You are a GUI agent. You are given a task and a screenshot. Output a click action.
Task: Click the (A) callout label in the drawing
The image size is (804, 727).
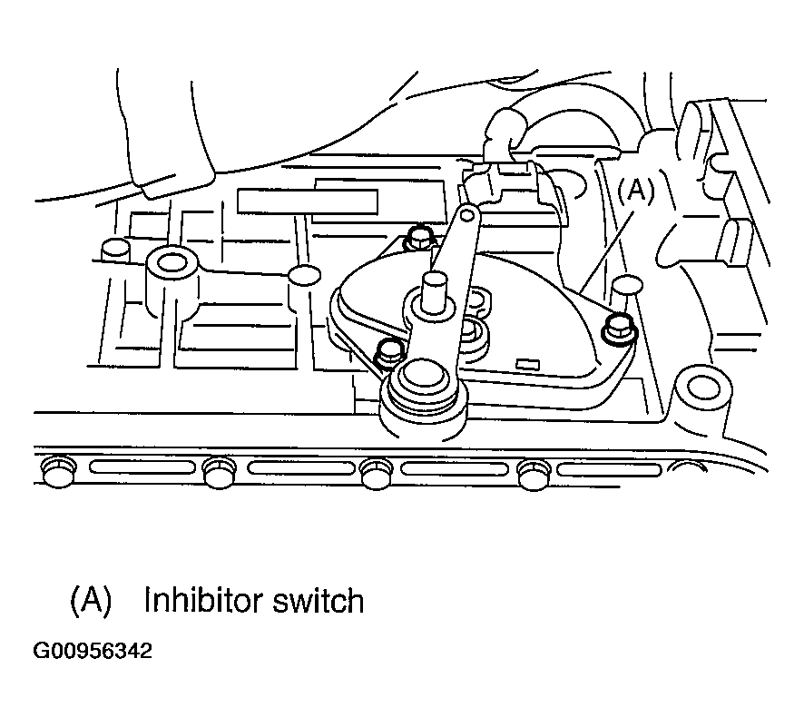[636, 191]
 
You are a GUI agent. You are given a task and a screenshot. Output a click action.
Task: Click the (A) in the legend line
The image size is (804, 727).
[91, 600]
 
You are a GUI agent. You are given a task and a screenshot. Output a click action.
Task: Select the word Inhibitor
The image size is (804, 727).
[204, 600]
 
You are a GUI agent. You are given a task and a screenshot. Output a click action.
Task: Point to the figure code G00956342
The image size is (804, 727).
[93, 651]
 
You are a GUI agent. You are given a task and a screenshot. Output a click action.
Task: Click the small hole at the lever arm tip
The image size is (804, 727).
[467, 216]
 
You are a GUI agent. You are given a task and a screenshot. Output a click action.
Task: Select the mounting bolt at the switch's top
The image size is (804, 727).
[418, 238]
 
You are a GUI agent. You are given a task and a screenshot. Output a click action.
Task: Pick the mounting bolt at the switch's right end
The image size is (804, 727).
[619, 328]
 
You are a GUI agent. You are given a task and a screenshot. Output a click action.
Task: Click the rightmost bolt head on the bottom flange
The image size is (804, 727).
[534, 475]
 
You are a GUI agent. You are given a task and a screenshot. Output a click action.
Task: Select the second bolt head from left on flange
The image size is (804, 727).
[220, 472]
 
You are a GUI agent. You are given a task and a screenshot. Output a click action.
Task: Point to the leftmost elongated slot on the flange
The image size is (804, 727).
[143, 467]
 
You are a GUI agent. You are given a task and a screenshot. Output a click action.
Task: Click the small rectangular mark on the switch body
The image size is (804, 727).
[527, 365]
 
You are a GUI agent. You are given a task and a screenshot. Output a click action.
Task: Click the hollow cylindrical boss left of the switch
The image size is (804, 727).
[172, 281]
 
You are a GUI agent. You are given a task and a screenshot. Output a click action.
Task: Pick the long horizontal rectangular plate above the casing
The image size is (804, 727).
[308, 201]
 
